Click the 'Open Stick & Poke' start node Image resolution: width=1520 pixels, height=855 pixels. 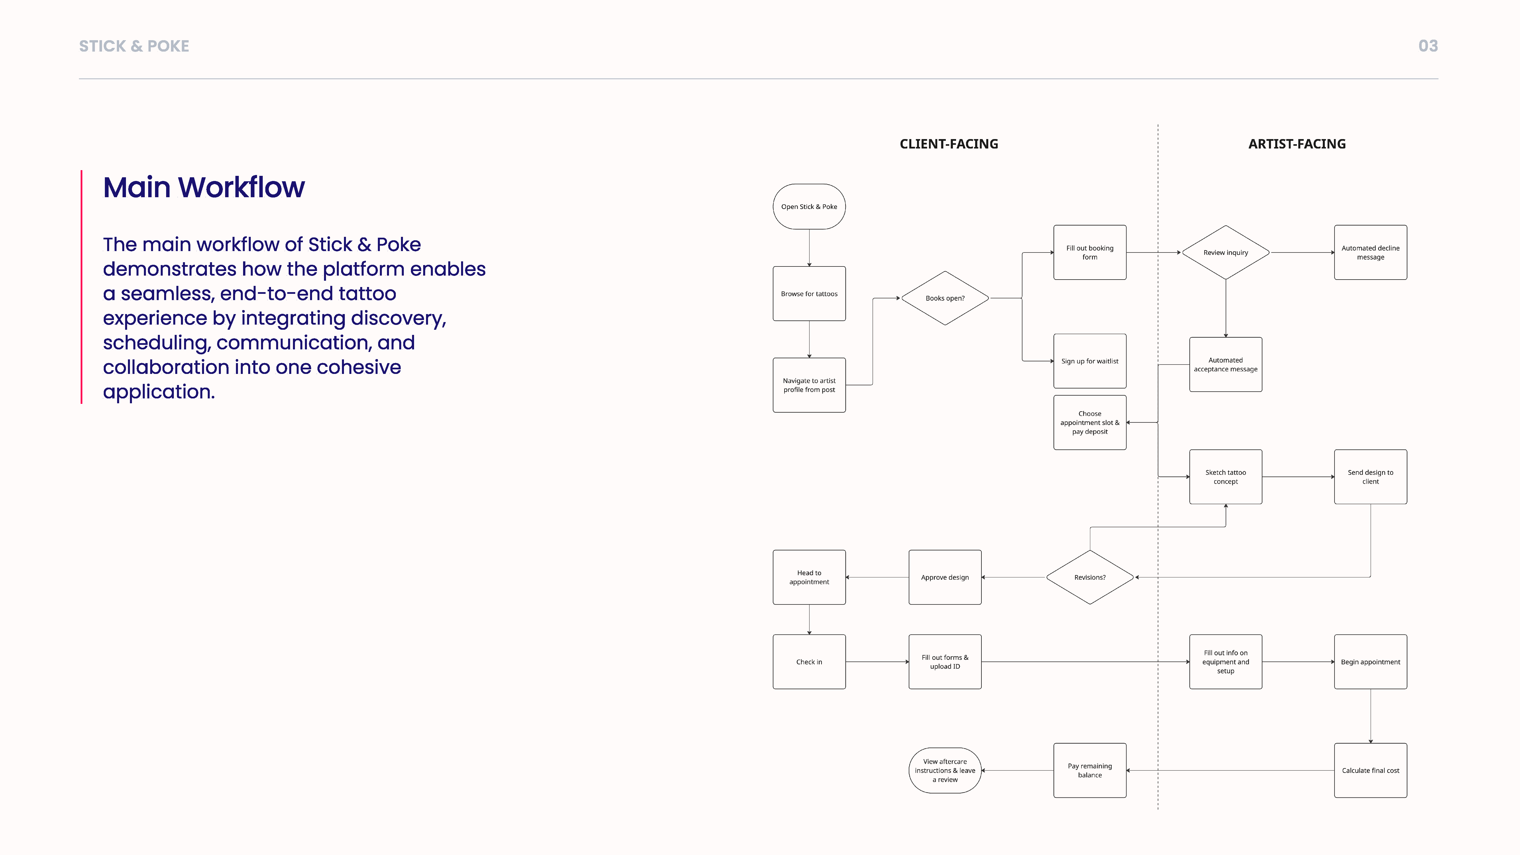[x=809, y=207]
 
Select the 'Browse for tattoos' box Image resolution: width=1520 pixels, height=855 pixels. [x=809, y=294]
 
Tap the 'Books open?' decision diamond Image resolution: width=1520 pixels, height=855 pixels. [x=945, y=298]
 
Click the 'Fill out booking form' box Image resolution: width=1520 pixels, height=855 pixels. [x=1089, y=253]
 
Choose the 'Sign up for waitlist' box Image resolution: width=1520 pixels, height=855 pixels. [x=1089, y=361]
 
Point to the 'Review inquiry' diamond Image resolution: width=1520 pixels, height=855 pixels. [x=1226, y=253]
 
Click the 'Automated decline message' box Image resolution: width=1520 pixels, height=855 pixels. [x=1370, y=253]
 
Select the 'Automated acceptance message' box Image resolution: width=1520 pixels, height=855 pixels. [x=1226, y=365]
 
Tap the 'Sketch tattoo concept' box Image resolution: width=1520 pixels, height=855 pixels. [x=1226, y=477]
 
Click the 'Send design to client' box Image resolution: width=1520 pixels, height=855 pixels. [x=1370, y=477]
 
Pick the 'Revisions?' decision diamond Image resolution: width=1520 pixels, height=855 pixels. [x=1089, y=577]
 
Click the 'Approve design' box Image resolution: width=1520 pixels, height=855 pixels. [x=945, y=577]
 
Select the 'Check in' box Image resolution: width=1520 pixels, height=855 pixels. [x=809, y=661]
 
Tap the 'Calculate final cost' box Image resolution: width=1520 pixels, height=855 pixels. [x=1370, y=770]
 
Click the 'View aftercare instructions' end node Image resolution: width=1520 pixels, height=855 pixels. [x=945, y=770]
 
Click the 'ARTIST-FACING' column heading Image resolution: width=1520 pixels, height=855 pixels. [x=1297, y=144]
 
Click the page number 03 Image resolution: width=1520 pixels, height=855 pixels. [x=1428, y=46]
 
